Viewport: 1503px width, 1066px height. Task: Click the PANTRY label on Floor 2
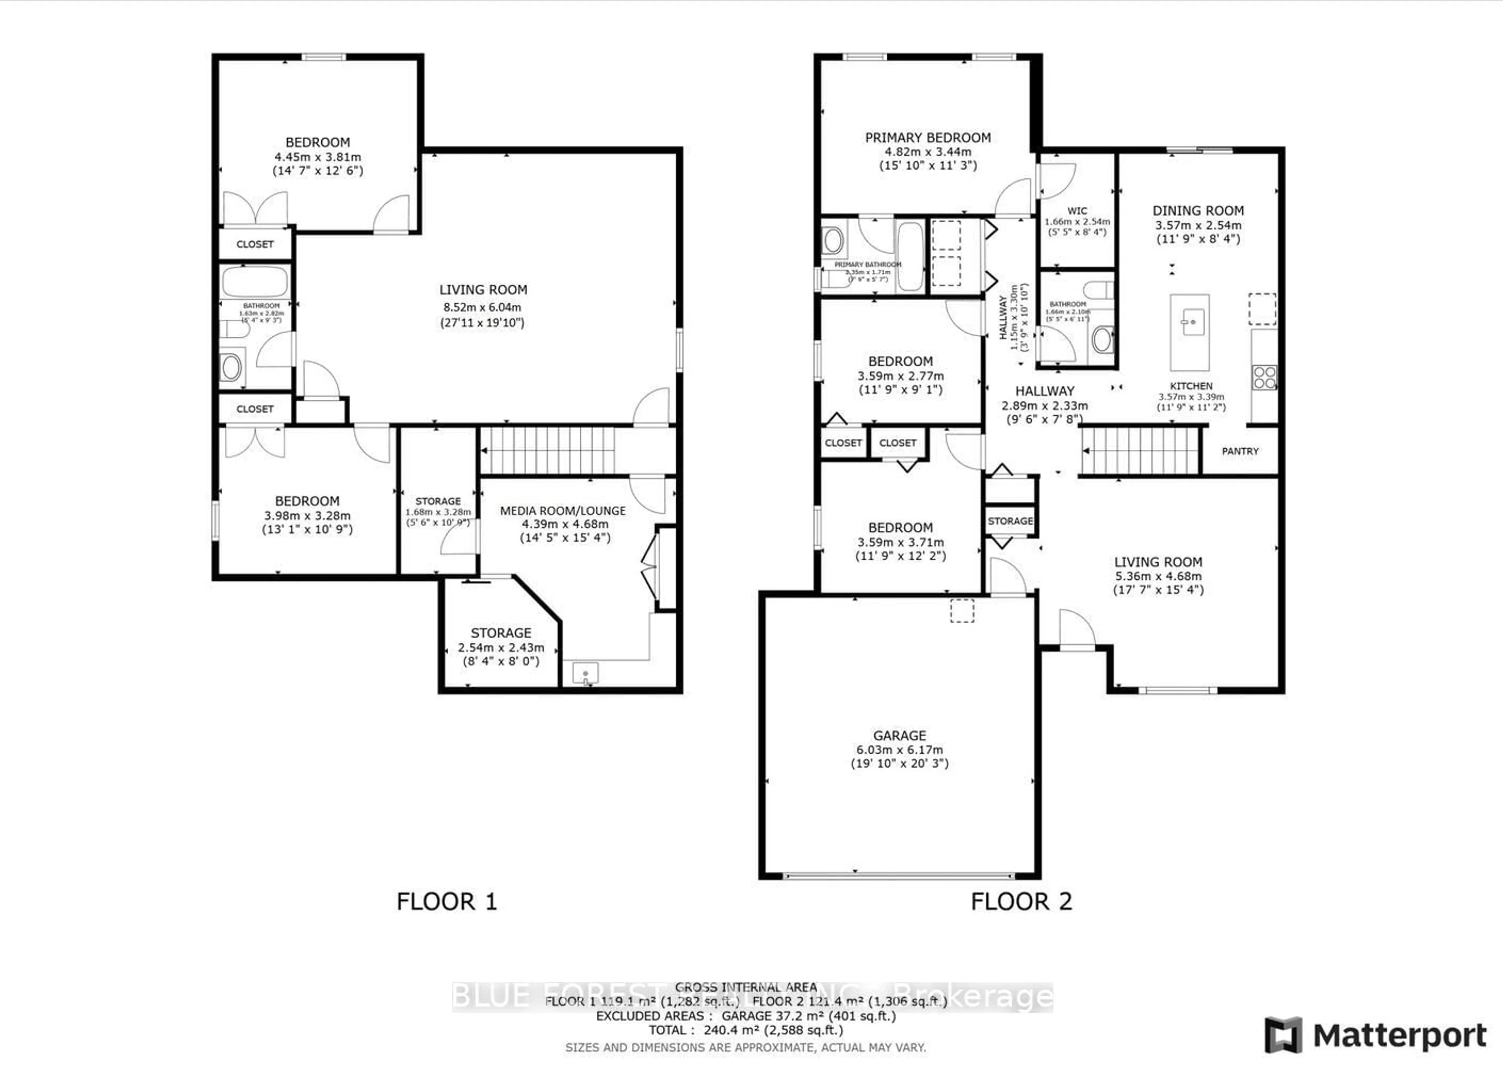pyautogui.click(x=1240, y=451)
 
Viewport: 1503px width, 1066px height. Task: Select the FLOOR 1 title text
pyautogui.click(x=447, y=901)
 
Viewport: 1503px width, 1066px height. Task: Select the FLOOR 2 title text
pyautogui.click(x=1021, y=901)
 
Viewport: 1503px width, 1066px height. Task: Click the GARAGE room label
pyautogui.click(x=899, y=735)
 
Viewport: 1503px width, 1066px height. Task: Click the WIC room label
pyautogui.click(x=1077, y=211)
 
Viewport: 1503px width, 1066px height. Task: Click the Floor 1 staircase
pyautogui.click(x=548, y=450)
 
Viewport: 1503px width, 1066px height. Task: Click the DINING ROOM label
pyautogui.click(x=1198, y=211)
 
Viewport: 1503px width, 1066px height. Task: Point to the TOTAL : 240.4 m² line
pyautogui.click(x=746, y=1030)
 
